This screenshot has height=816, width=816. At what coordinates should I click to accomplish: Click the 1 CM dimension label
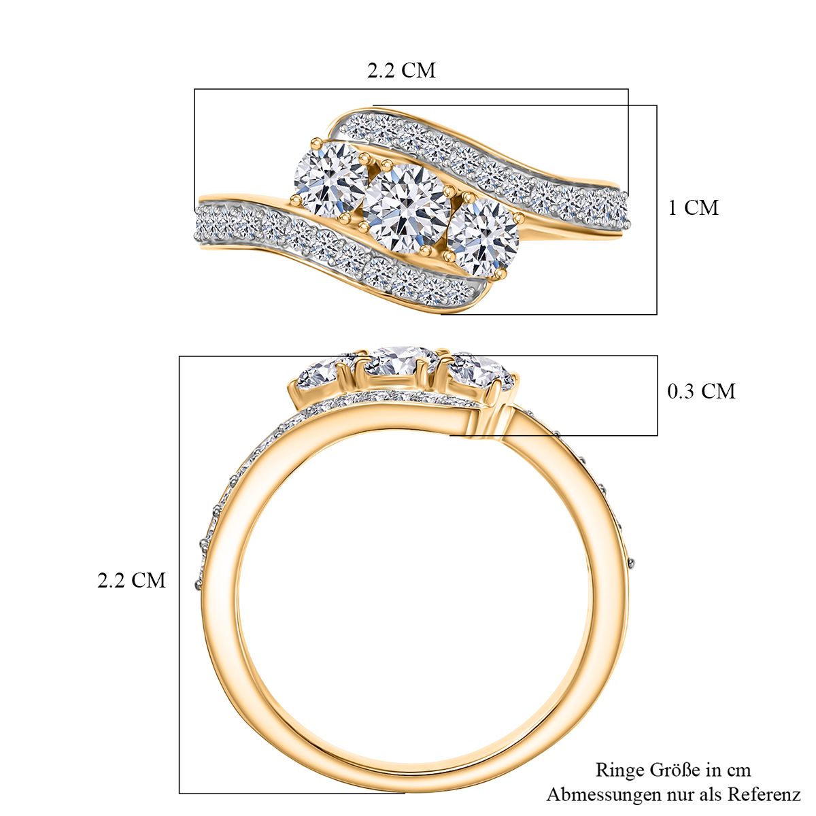693,207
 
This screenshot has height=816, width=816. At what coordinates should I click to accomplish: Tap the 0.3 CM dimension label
701,391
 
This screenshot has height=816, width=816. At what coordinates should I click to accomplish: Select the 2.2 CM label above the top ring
401,70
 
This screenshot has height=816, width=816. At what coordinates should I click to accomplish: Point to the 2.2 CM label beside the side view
132,580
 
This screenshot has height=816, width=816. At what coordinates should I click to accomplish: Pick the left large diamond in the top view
330,178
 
